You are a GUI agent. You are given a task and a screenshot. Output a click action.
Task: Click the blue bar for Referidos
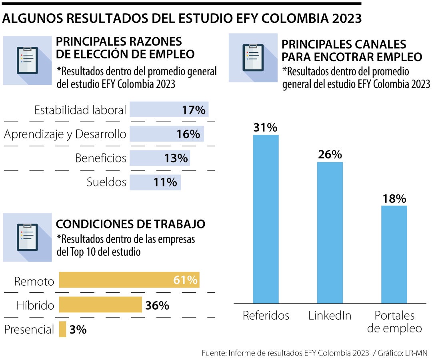pyautogui.click(x=266, y=219)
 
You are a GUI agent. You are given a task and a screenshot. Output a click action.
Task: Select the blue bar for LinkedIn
pyautogui.click(x=330, y=232)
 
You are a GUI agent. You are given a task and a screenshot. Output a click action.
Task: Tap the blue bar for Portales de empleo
pyautogui.click(x=394, y=254)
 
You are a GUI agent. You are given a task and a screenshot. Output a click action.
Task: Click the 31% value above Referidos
pyautogui.click(x=265, y=128)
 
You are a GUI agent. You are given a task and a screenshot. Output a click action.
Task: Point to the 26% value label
pyautogui.click(x=330, y=155)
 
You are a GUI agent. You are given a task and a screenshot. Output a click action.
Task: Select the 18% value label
pyautogui.click(x=394, y=199)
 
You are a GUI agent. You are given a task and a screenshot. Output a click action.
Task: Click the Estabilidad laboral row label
pyautogui.click(x=80, y=110)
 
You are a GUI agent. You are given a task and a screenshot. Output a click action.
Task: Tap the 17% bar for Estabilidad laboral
pyautogui.click(x=169, y=110)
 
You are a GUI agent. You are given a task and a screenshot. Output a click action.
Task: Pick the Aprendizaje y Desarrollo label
pyautogui.click(x=65, y=134)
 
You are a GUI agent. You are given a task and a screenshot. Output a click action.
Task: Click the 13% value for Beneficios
pyautogui.click(x=176, y=158)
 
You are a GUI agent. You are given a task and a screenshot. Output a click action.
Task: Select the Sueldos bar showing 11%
pyautogui.click(x=155, y=182)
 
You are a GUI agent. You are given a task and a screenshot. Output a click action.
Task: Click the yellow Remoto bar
pyautogui.click(x=129, y=280)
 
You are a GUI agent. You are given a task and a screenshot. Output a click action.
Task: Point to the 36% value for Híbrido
pyautogui.click(x=157, y=306)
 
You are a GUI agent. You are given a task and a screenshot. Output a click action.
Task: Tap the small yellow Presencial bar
pyautogui.click(x=62, y=329)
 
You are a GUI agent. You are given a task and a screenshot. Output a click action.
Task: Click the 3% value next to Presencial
pyautogui.click(x=78, y=330)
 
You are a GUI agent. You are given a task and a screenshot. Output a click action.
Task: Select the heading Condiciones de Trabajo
pyautogui.click(x=130, y=224)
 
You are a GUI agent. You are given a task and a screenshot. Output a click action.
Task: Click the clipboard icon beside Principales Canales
pyautogui.click(x=253, y=58)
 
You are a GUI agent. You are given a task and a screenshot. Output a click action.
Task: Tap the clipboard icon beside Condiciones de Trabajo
pyautogui.click(x=28, y=237)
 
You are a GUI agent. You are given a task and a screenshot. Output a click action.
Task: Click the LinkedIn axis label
pyautogui.click(x=330, y=316)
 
